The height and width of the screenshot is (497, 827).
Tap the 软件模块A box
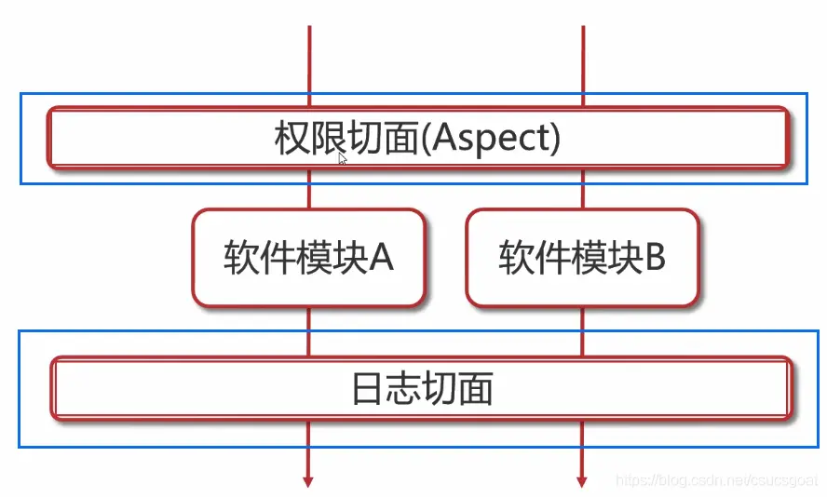coord(308,258)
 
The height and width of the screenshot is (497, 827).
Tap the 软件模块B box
coord(582,258)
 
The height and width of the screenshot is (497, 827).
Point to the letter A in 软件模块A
coord(382,258)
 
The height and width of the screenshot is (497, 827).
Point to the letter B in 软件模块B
coord(655,258)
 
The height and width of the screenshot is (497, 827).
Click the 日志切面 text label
coord(421,389)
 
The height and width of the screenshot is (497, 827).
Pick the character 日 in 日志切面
coord(368,389)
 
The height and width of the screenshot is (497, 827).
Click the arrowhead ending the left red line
coord(308,480)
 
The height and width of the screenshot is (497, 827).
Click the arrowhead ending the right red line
coord(582,480)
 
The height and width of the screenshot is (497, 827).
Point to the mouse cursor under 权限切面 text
coord(343,159)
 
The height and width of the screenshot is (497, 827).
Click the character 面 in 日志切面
coord(475,389)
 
